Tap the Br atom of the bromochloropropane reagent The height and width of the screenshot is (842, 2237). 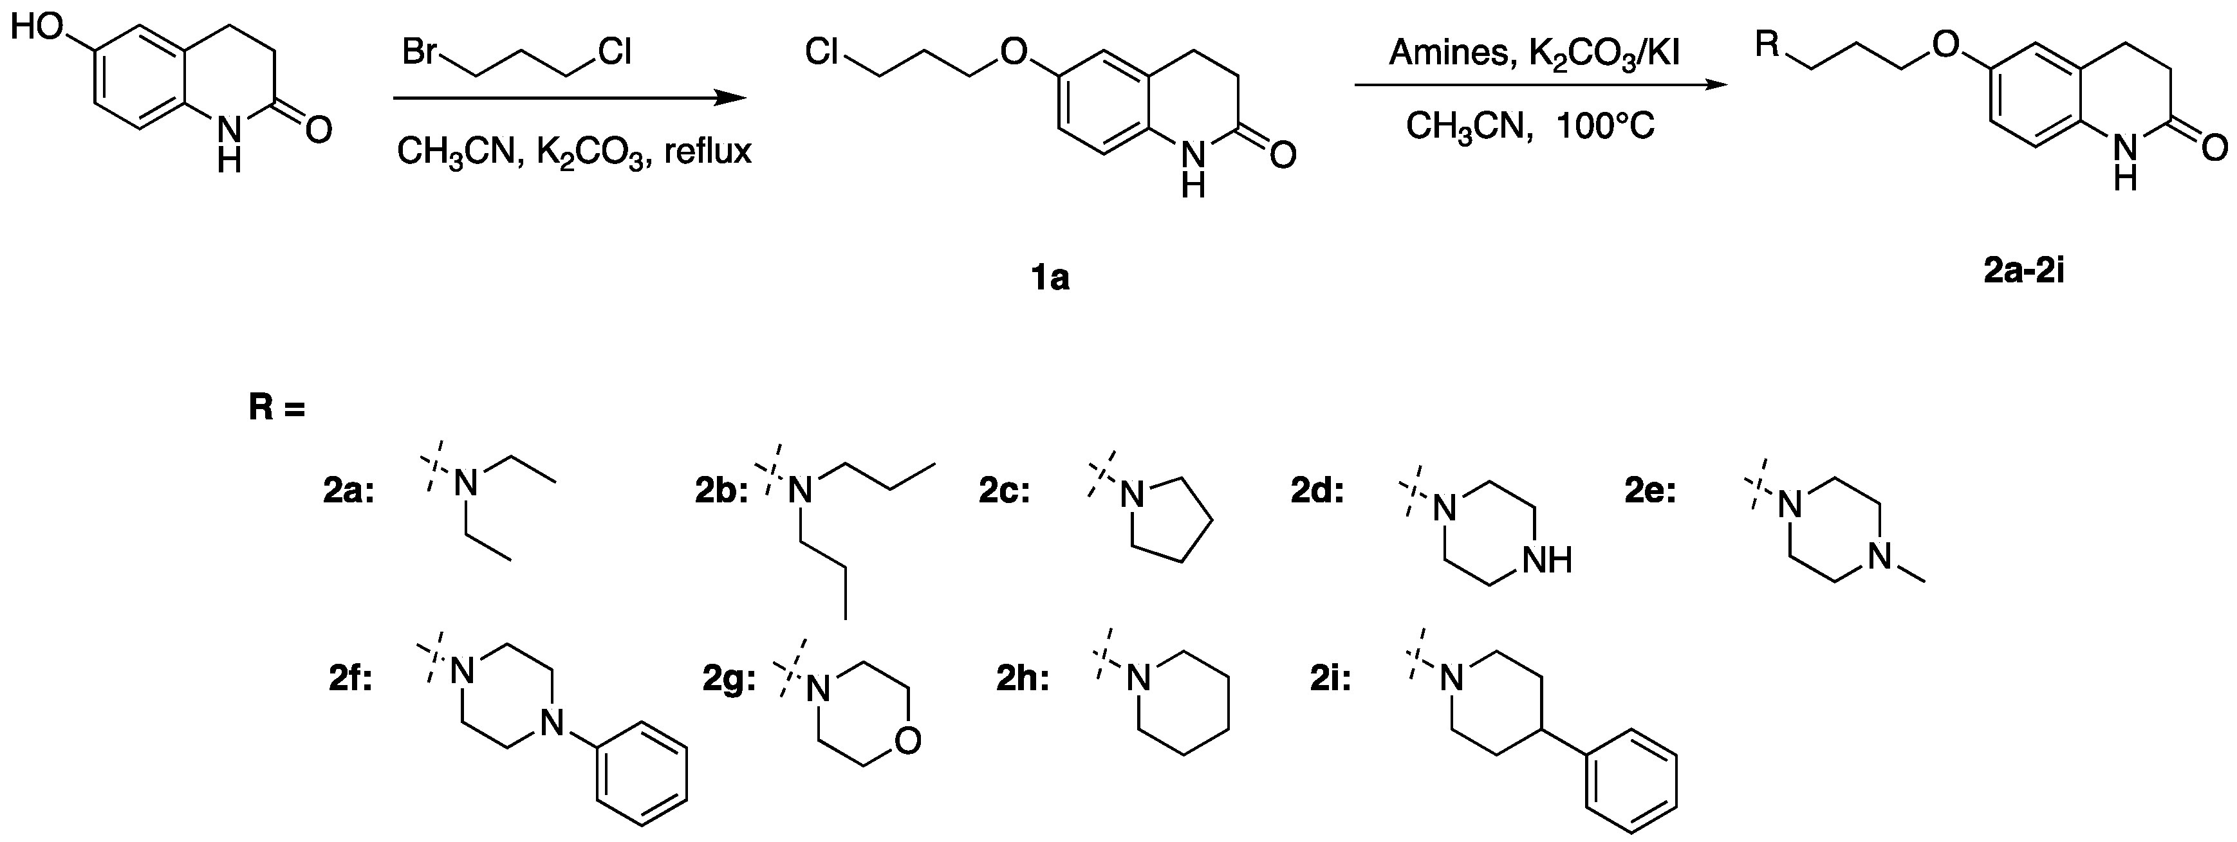click(x=420, y=53)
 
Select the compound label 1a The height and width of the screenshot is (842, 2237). click(x=1050, y=278)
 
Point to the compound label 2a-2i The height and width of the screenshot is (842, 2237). click(x=2023, y=271)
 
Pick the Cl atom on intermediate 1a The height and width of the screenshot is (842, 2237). click(x=822, y=53)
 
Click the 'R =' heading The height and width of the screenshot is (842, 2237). click(x=277, y=408)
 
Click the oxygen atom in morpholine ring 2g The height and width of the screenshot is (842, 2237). click(x=907, y=740)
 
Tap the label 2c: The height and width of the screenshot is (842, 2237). click(x=1005, y=491)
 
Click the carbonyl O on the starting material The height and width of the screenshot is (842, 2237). click(x=319, y=131)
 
